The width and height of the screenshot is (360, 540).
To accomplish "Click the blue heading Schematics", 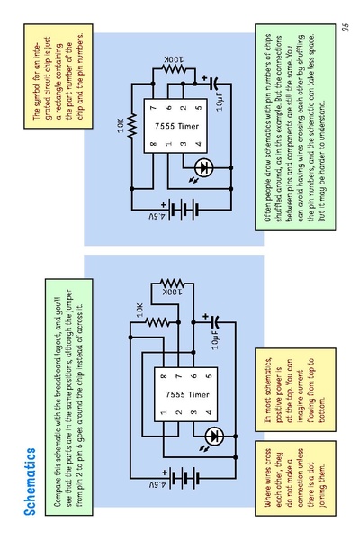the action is click(30, 481).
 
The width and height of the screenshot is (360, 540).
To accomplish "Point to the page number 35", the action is click(346, 27).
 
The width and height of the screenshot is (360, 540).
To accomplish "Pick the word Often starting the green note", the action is click(269, 212).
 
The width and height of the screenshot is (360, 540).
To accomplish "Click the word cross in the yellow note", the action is click(268, 456).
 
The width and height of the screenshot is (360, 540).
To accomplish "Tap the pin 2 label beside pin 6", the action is click(184, 108).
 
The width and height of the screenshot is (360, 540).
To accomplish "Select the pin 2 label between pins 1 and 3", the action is click(179, 411).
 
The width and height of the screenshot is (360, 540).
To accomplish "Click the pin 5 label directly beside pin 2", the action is click(198, 108).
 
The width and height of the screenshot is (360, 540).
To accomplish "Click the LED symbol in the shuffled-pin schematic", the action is click(203, 168).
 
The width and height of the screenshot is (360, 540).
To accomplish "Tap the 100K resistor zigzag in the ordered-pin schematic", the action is click(173, 283).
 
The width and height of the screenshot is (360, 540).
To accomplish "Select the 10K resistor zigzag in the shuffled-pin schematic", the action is click(132, 126).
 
